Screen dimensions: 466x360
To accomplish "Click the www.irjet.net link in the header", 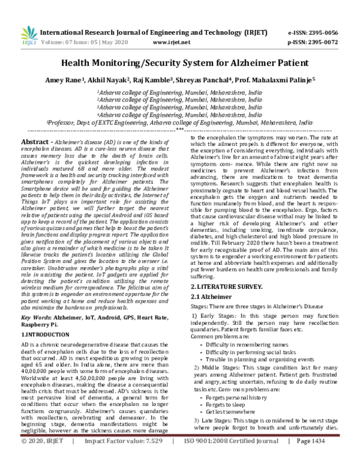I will pyautogui.click(x=172, y=43).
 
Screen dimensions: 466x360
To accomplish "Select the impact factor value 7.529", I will pyautogui.click(x=145, y=458).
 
